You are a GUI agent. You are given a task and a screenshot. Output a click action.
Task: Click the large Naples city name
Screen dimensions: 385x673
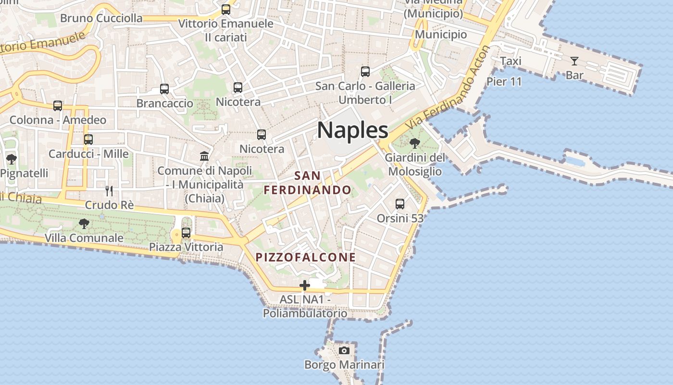tap(352, 130)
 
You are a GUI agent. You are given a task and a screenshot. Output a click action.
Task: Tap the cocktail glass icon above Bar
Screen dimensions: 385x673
tap(574, 61)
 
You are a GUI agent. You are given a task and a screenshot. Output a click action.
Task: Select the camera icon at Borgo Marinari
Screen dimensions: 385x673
tap(344, 350)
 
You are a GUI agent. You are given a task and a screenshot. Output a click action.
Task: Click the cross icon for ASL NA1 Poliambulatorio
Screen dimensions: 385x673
tap(304, 285)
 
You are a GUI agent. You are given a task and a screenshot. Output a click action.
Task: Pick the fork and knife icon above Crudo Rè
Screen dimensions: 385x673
tap(109, 191)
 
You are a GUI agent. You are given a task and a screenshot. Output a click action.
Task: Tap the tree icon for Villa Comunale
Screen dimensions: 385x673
tap(84, 223)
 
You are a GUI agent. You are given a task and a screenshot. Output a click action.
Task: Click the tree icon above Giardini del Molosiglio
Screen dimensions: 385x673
tap(414, 143)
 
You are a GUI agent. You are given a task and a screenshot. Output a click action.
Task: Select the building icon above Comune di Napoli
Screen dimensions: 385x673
tap(204, 156)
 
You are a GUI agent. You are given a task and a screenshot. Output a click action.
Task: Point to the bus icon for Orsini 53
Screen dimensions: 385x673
tap(400, 204)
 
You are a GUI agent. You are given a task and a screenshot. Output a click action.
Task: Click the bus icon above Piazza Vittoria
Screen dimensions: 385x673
tap(186, 233)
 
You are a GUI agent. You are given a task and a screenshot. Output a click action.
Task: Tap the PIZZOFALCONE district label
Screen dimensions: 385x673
tap(306, 257)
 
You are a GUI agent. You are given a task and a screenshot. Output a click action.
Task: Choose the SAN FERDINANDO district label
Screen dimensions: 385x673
tap(308, 183)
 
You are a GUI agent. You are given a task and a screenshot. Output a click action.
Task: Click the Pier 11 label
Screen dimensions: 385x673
tap(504, 81)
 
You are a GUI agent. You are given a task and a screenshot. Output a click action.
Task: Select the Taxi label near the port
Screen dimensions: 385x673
tap(511, 61)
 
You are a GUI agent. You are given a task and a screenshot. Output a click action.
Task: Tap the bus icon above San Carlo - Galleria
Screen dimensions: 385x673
tap(365, 72)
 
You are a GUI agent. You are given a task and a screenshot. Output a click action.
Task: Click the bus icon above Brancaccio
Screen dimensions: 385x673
tap(164, 89)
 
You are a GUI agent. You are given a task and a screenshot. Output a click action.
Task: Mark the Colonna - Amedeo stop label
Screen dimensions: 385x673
tap(58, 120)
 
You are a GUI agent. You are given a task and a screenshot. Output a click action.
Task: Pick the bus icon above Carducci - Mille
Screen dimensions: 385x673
tap(88, 140)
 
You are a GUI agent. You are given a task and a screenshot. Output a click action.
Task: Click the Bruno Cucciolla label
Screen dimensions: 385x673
tap(101, 18)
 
